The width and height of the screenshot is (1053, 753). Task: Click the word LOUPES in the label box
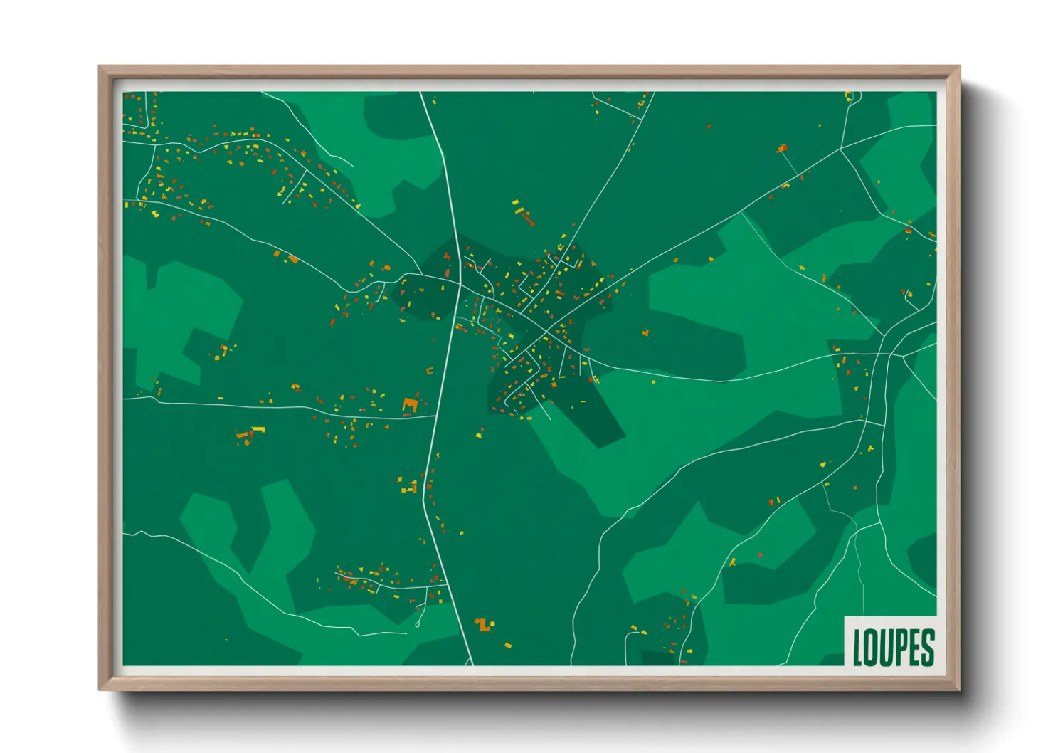[x=893, y=648]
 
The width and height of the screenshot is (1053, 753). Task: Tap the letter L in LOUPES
[x=858, y=648]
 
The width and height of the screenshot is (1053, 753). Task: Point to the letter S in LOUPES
[x=926, y=648]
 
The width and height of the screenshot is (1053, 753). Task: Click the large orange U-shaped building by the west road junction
[x=410, y=405]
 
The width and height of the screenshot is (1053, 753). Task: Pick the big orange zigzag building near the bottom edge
[x=485, y=625]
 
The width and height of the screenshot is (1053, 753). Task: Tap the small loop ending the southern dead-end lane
[x=417, y=624]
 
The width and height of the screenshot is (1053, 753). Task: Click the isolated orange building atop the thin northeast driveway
[x=783, y=149]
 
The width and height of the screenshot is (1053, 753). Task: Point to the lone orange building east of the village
[x=645, y=332]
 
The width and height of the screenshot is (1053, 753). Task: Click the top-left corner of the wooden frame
[x=100, y=67]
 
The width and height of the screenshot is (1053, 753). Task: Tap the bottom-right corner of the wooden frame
[x=959, y=689]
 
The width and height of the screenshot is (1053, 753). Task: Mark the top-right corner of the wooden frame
[x=959, y=67]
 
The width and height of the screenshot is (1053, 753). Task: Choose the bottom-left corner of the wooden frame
[x=100, y=689]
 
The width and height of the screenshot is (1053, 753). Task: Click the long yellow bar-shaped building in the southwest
[x=258, y=429]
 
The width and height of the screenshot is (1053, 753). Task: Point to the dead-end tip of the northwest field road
[x=351, y=166]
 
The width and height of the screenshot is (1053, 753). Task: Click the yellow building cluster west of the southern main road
[x=408, y=488]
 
